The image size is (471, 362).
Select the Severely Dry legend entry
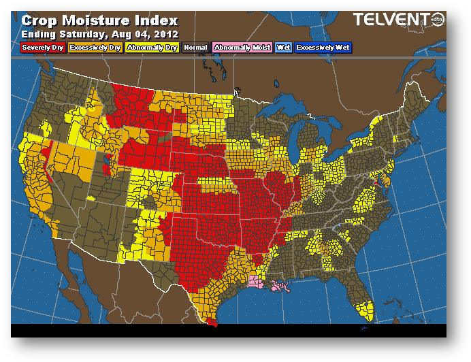(x=42, y=48)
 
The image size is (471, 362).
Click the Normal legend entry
(x=195, y=48)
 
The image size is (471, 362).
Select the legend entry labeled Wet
(x=282, y=48)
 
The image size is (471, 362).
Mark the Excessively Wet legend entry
(x=323, y=48)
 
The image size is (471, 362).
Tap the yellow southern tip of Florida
(x=366, y=310)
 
